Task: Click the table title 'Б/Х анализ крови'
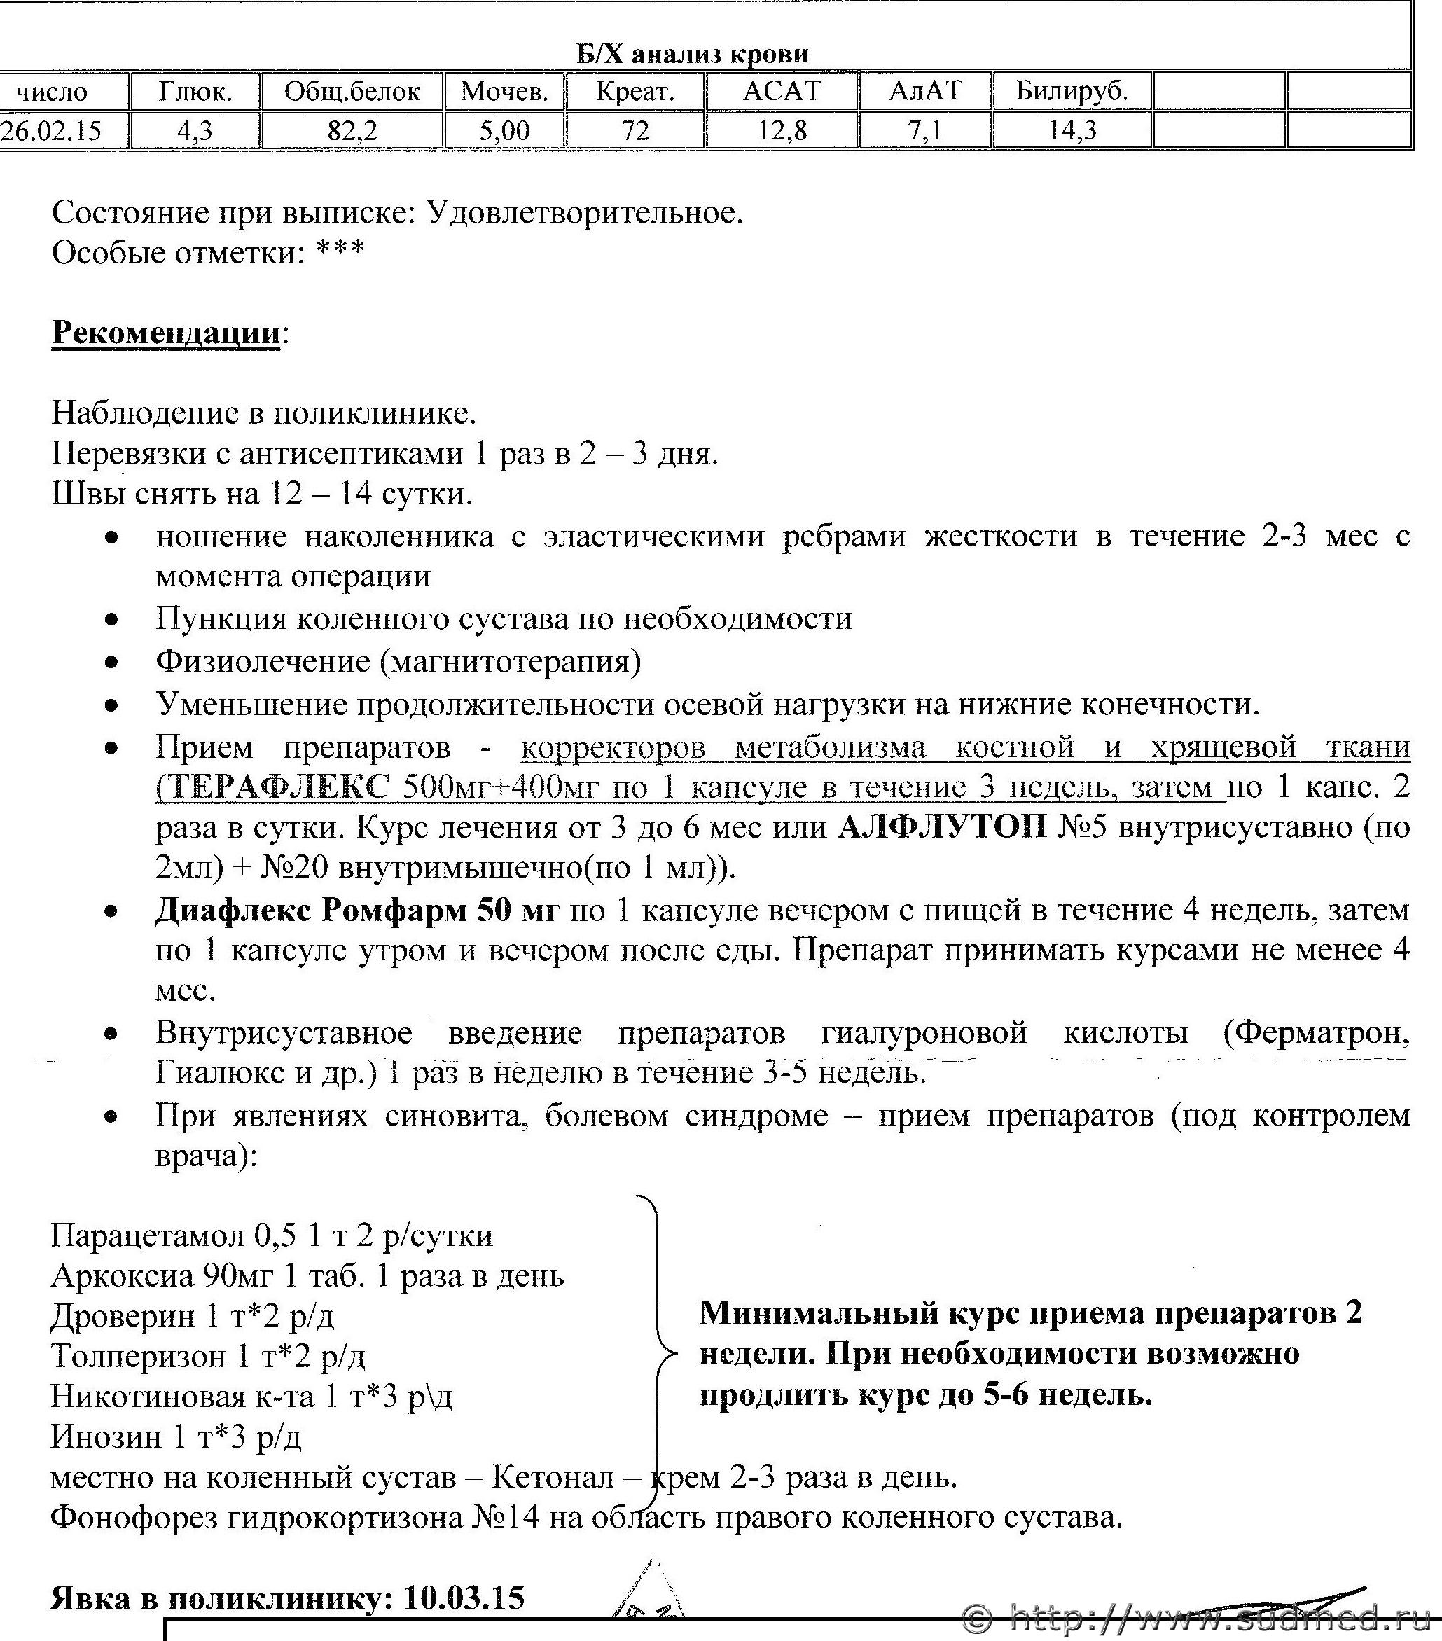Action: [x=693, y=54]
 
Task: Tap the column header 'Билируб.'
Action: [x=1072, y=92]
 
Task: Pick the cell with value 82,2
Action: [x=352, y=130]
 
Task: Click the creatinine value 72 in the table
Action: [x=635, y=130]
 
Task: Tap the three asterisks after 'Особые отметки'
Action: [x=340, y=251]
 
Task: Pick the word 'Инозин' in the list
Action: [x=106, y=1436]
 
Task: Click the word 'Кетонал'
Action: [x=553, y=1477]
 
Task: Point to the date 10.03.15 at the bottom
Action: [x=464, y=1598]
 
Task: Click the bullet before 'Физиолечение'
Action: [x=114, y=663]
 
